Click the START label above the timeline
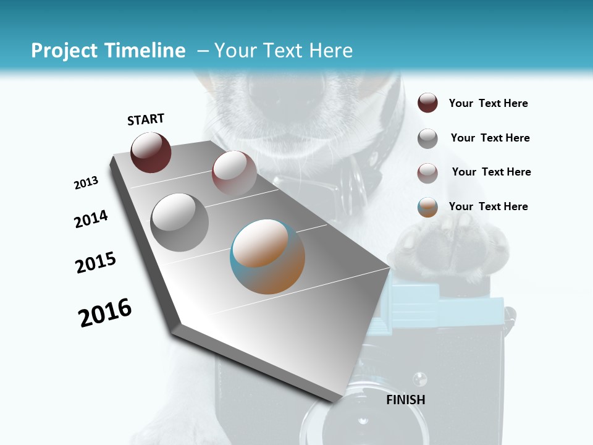[146, 119]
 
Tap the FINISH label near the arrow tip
[406, 400]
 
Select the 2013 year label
[86, 183]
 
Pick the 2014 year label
[91, 219]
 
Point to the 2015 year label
[96, 263]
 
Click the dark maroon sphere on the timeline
[151, 152]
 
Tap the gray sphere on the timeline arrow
[179, 222]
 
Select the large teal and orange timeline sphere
[267, 256]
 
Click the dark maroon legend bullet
[427, 103]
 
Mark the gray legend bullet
[427, 138]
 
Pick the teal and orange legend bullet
[427, 207]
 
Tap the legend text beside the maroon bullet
[488, 104]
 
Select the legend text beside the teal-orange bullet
[488, 206]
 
